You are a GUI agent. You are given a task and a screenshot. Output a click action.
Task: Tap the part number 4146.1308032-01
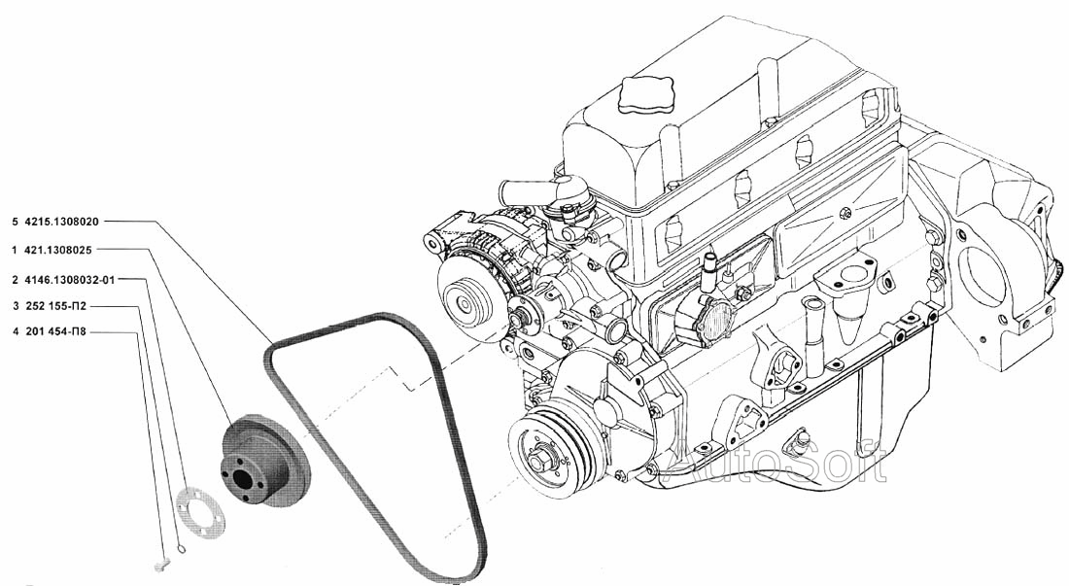(x=70, y=279)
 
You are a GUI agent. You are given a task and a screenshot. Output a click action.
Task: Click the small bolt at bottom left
(x=161, y=564)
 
